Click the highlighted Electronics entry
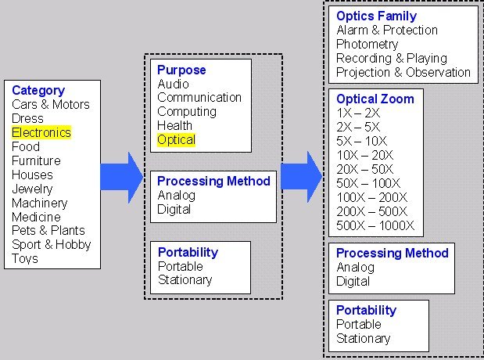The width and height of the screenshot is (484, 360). pyautogui.click(x=41, y=132)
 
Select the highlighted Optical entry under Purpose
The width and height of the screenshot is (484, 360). pyautogui.click(x=176, y=139)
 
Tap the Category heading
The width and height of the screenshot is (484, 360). pyautogui.click(x=38, y=91)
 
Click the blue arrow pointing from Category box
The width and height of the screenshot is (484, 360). pyautogui.click(x=122, y=178)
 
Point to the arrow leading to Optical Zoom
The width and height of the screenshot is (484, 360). pyautogui.click(x=302, y=176)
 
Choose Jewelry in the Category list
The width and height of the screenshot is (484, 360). pyautogui.click(x=32, y=189)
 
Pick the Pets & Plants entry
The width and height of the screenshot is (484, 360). pyautogui.click(x=48, y=231)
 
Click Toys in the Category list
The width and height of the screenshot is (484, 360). pyautogui.click(x=25, y=258)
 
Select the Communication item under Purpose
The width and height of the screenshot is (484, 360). pyautogui.click(x=199, y=97)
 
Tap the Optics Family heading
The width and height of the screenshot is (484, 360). pyautogui.click(x=377, y=16)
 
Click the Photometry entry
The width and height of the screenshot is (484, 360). pyautogui.click(x=367, y=44)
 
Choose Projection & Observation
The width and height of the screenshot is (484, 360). pyautogui.click(x=403, y=72)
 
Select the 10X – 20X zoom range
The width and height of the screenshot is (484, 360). pyautogui.click(x=365, y=155)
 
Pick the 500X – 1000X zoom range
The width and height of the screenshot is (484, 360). pyautogui.click(x=375, y=225)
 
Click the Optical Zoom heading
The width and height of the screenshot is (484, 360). pyautogui.click(x=375, y=99)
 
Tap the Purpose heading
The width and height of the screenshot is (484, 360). pyautogui.click(x=181, y=70)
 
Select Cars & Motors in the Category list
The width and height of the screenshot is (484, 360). pyautogui.click(x=51, y=104)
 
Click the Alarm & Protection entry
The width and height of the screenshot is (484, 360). pyautogui.click(x=387, y=30)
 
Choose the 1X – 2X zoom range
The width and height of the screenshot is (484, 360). pyautogui.click(x=358, y=113)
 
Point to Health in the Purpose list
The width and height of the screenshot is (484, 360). pyautogui.click(x=174, y=125)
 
